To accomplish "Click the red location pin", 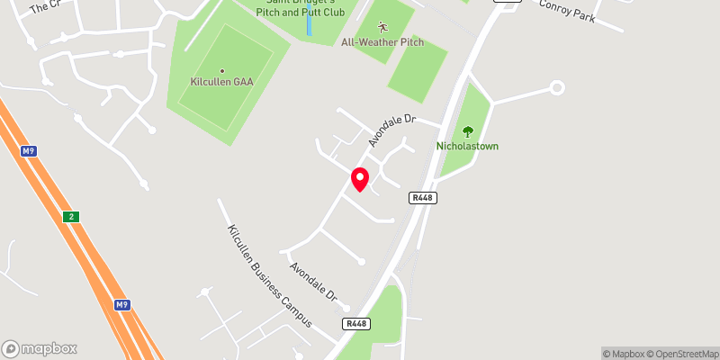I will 360,178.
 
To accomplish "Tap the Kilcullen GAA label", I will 222,82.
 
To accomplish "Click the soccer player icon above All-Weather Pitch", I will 382,27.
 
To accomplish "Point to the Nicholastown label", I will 468,146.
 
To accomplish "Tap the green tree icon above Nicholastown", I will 467,131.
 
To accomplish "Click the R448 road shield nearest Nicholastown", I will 422,198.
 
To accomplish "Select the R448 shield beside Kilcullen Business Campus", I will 355,323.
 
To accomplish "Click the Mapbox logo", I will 40,348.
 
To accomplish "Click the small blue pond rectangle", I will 309,22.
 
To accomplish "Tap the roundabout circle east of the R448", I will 556,87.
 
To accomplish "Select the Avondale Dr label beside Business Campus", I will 312,282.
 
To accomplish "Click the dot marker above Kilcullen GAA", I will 222,71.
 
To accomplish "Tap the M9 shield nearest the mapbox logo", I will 121,305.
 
